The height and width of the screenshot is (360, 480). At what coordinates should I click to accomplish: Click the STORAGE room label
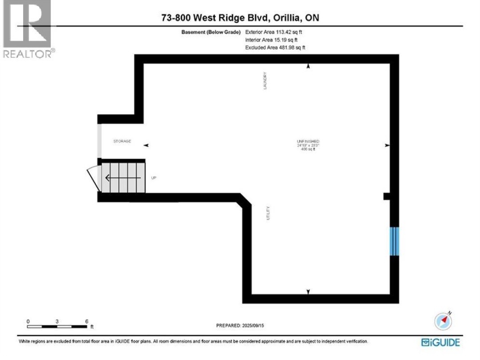coord(122,141)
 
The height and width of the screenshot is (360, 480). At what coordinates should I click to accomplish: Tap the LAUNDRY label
coord(265,81)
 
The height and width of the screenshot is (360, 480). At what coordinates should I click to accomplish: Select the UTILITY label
coord(268,213)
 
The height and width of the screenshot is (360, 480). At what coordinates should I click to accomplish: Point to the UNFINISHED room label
coord(308,141)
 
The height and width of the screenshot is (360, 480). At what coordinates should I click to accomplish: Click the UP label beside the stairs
coord(154,178)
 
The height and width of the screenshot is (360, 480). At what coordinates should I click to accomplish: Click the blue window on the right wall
coord(394,241)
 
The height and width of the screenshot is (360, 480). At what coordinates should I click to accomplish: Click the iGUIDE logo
coord(440,342)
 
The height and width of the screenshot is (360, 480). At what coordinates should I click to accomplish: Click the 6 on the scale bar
coord(86,321)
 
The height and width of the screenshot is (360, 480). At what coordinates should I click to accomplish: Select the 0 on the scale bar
coord(28,321)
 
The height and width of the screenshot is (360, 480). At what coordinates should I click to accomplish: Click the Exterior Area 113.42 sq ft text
coord(274,32)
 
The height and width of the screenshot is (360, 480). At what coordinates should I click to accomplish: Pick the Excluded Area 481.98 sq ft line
coord(275,47)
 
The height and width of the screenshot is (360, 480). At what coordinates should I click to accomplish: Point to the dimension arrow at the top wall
coord(308,66)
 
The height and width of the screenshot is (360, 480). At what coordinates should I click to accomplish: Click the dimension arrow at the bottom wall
coord(308,292)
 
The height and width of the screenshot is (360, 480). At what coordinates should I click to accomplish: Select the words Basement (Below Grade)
coord(211,32)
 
